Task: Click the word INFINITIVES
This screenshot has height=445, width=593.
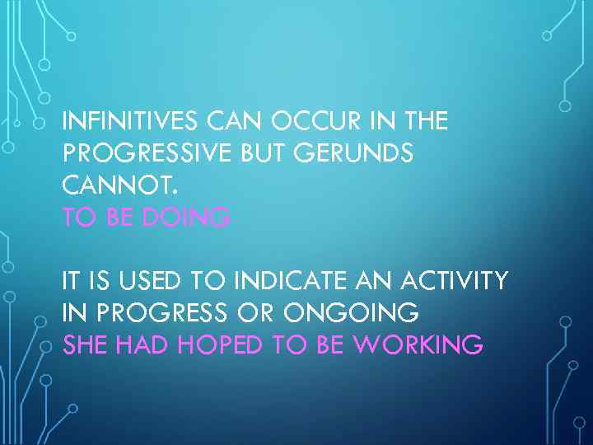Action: [129, 122]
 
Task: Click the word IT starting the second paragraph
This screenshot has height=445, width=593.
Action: [72, 282]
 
